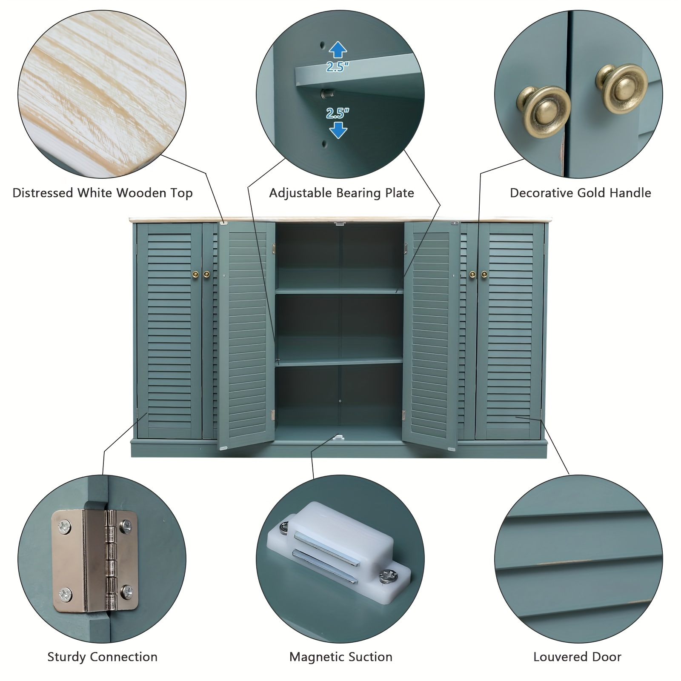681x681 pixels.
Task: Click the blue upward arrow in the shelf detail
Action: coord(338,50)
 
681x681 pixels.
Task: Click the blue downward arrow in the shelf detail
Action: coord(338,130)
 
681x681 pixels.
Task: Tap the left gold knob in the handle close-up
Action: coord(544,111)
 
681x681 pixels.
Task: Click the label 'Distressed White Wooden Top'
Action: coord(103,193)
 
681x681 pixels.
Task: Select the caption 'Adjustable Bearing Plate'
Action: coord(341,193)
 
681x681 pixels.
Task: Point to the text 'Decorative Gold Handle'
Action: coord(581,193)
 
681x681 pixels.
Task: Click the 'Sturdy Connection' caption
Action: coord(103,657)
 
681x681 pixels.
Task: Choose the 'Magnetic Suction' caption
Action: coord(341,657)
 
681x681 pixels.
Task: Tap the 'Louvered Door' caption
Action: coord(577,657)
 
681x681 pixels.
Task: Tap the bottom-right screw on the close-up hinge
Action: coord(126,591)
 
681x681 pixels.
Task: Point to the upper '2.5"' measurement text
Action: coord(338,66)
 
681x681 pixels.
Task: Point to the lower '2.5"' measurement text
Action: coord(338,113)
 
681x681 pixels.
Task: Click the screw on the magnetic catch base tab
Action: coord(389,577)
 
